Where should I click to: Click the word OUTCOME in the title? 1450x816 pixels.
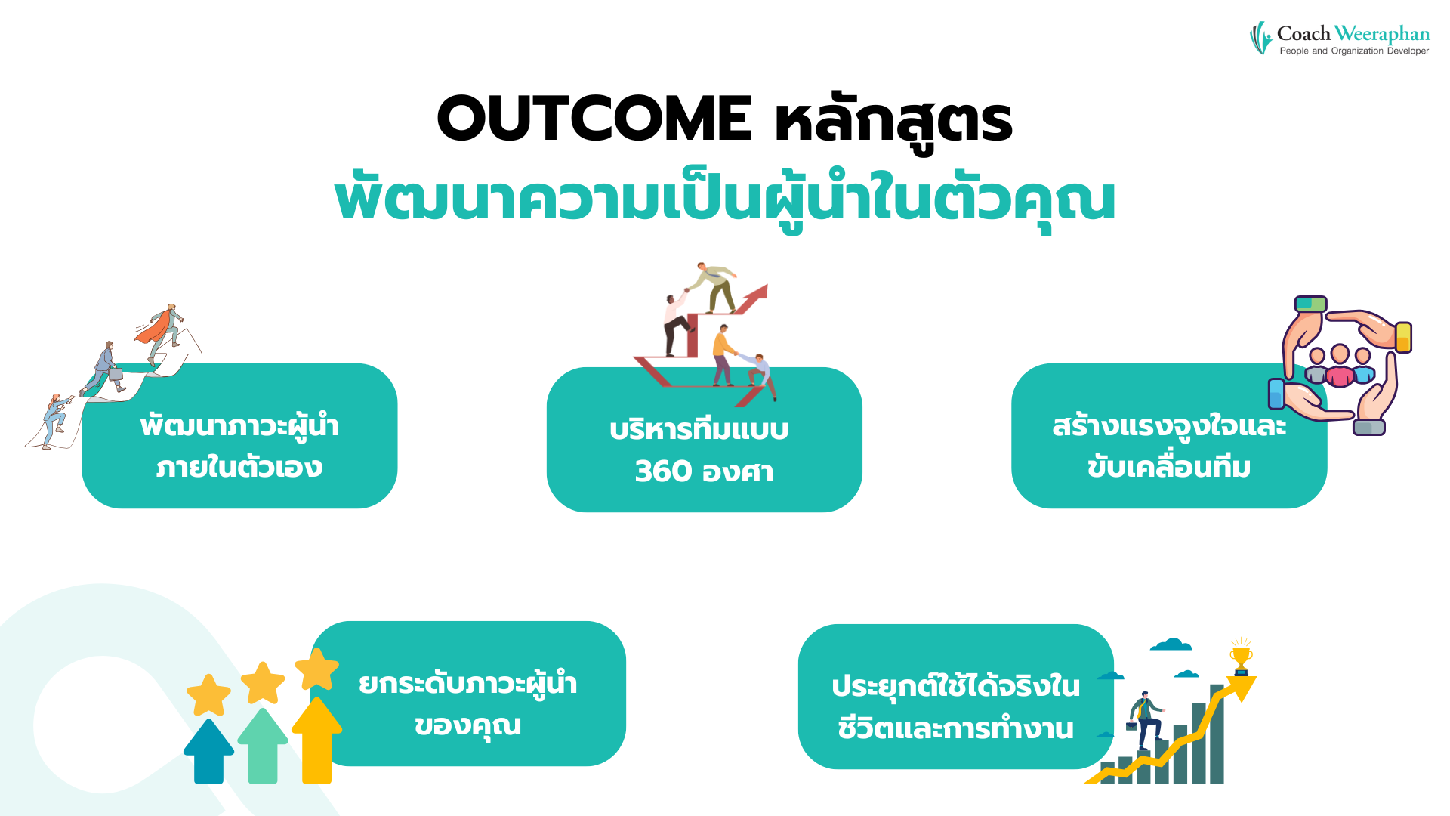(594, 119)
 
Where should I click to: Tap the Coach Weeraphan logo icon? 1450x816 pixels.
(1260, 38)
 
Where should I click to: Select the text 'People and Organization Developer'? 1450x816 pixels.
(1354, 51)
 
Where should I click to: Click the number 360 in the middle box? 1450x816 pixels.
(663, 471)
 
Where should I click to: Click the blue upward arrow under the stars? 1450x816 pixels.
(208, 752)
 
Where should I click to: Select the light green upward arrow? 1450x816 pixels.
(263, 746)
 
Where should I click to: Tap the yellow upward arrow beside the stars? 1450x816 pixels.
(316, 740)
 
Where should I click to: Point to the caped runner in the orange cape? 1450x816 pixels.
(161, 331)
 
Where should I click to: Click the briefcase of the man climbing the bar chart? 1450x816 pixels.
(1131, 726)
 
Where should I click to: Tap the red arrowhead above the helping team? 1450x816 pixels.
(756, 295)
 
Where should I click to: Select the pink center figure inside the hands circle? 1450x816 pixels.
(1340, 367)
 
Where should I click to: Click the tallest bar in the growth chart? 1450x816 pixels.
(1217, 734)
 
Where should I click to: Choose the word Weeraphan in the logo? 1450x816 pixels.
(1381, 34)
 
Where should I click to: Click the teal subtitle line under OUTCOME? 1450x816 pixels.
(725, 200)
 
